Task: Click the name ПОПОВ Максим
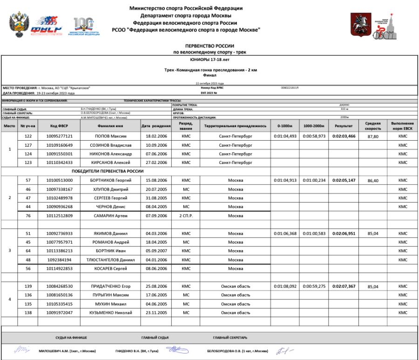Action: coord(110,136)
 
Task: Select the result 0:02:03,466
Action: coord(344,136)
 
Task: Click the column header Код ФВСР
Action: coord(60,126)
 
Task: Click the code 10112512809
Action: coord(60,216)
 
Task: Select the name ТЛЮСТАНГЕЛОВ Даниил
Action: coord(110,259)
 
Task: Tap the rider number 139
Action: coord(27,286)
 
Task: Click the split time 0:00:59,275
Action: coord(314,286)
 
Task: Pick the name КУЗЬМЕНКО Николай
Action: coord(110,312)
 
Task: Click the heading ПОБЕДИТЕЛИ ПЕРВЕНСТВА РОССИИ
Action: coord(110,171)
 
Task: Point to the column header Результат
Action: coord(344,126)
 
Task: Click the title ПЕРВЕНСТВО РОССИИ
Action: coord(209,47)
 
